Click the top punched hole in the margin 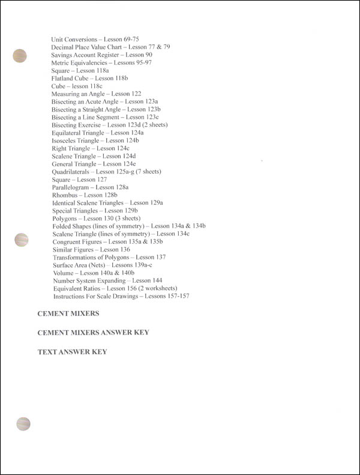click(20, 56)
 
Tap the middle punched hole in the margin click(22, 240)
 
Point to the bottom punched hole click(23, 423)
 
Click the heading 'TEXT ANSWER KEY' click(72, 351)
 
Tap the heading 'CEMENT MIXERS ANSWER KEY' click(93, 332)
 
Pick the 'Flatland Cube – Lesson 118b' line click(90, 78)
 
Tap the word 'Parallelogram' click(72, 187)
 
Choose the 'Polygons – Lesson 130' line click(96, 218)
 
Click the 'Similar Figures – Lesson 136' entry click(91, 249)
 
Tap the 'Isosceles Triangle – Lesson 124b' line click(98, 140)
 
